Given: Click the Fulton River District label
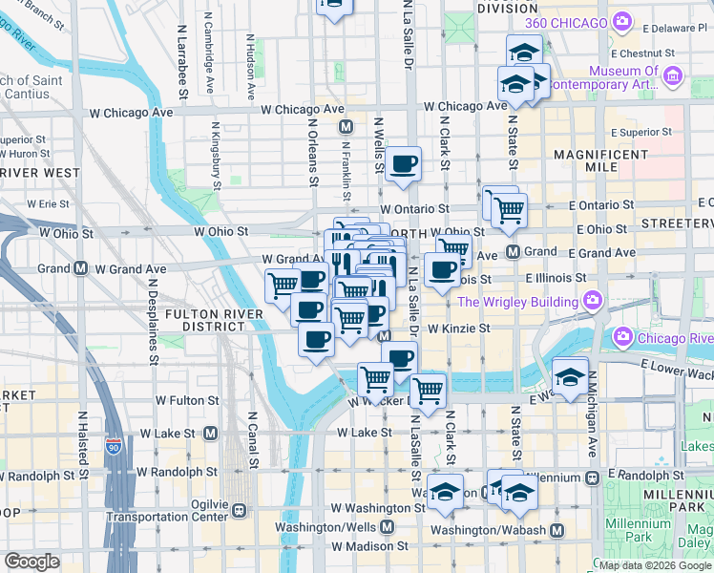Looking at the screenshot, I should coord(205,319).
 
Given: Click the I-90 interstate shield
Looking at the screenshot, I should coord(114,446).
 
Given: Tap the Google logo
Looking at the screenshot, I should coord(31,562).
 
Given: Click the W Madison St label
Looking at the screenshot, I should coord(369,546).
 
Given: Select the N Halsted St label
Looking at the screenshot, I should coord(83,445).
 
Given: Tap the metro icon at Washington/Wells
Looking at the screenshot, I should coord(388,527).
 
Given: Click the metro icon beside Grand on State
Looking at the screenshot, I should coord(513,252).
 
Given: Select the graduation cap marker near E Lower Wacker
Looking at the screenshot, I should coord(569,375).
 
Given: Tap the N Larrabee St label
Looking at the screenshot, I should coord(180,69).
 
